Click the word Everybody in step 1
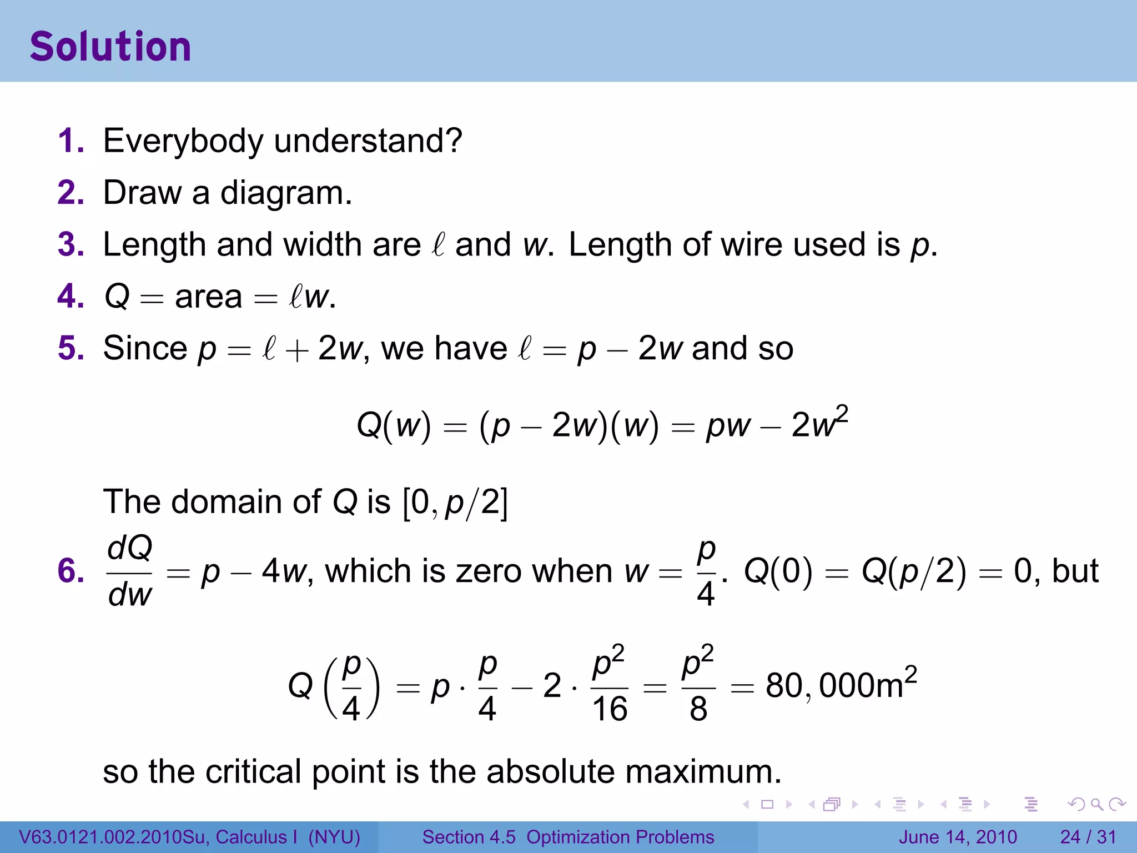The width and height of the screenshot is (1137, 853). click(x=183, y=141)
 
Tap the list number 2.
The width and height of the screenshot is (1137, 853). click(x=71, y=193)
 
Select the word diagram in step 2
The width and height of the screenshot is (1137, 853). click(x=286, y=194)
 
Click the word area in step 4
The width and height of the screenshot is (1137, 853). click(x=208, y=297)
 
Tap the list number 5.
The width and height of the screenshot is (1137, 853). click(x=71, y=348)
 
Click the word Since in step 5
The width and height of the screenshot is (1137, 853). click(x=145, y=348)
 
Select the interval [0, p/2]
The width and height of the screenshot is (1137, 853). click(x=455, y=502)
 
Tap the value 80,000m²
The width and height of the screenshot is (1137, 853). click(x=841, y=684)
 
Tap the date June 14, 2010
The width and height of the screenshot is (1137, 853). click(x=958, y=837)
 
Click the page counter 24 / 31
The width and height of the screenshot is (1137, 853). click(x=1088, y=837)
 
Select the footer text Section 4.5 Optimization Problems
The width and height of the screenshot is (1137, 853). click(x=568, y=837)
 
